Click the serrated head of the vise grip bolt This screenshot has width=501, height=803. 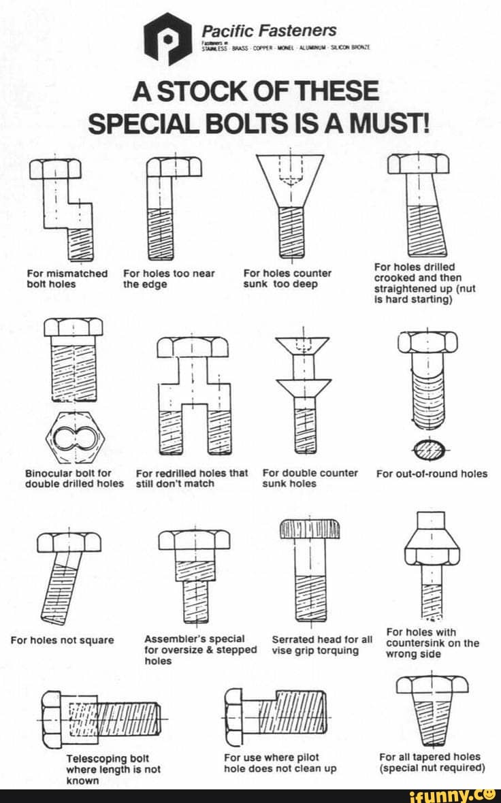coord(311,528)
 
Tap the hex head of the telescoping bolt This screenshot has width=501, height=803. coord(53,719)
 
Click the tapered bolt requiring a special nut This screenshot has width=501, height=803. coord(432,708)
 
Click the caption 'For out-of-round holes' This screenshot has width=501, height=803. coord(432,474)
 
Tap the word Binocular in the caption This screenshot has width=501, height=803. coord(48,472)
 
